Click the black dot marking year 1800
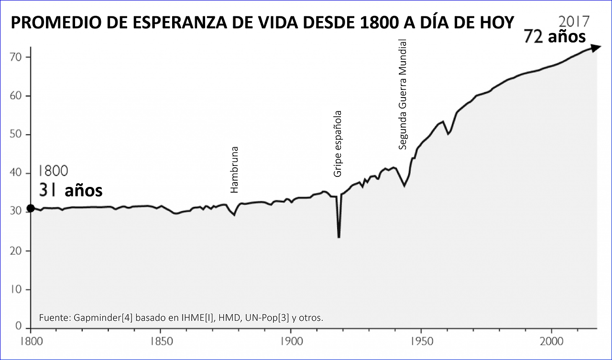click(x=30, y=208)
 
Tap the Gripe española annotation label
click(x=338, y=144)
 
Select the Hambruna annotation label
click(x=234, y=170)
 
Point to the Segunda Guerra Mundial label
click(x=403, y=94)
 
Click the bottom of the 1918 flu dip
click(x=339, y=237)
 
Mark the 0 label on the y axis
click(x=19, y=327)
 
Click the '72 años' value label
click(x=555, y=37)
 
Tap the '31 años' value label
click(x=71, y=191)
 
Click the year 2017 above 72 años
click(x=574, y=22)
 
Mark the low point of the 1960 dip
click(x=448, y=134)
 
